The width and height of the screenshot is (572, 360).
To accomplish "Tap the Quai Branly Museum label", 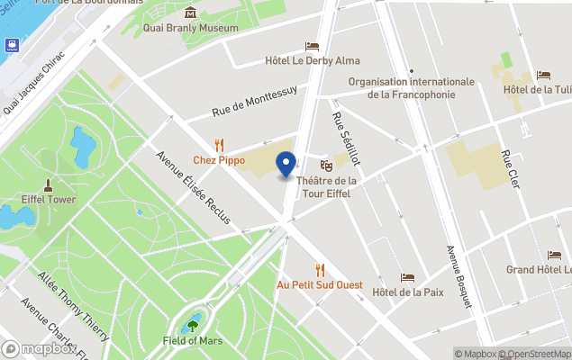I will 191,28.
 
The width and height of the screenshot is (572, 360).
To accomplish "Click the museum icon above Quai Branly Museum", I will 191,13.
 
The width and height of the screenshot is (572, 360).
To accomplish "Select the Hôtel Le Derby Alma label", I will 313,60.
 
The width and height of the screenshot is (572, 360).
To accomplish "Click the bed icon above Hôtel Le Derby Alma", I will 313,46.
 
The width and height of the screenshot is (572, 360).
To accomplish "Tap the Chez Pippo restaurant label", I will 219,160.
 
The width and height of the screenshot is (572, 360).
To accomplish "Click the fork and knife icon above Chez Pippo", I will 219,145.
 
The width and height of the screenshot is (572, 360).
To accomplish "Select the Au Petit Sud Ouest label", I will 319,284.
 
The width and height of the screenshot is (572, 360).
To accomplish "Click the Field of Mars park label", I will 193,341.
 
